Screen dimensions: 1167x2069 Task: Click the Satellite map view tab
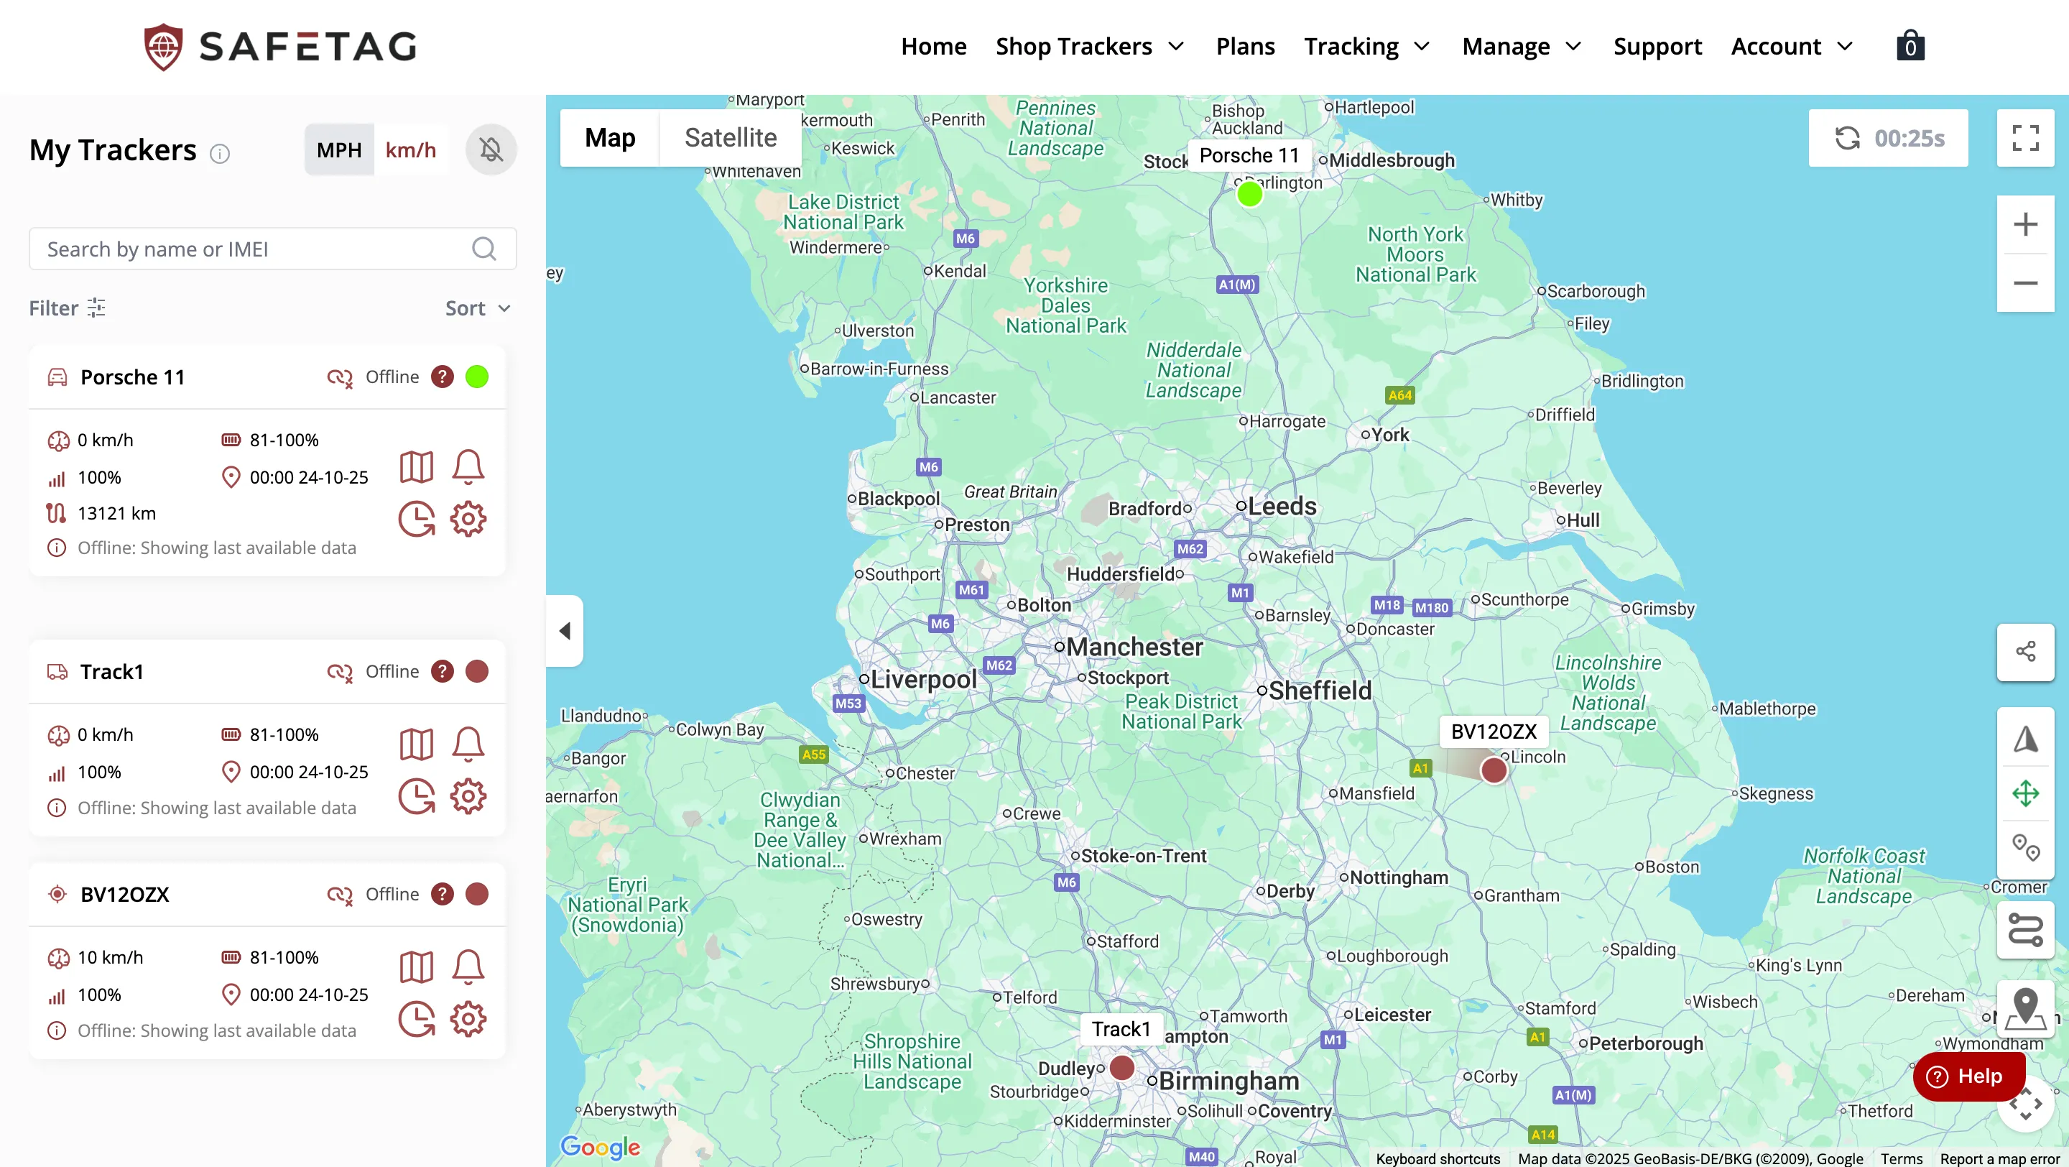730,137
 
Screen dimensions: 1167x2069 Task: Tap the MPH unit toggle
339,150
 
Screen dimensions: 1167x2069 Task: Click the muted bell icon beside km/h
491,149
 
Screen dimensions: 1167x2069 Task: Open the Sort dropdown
478,308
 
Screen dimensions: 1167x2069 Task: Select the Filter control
67,308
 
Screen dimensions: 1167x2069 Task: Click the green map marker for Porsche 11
1249,193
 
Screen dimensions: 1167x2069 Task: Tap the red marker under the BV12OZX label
1493,770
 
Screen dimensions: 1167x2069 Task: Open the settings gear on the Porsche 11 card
468,519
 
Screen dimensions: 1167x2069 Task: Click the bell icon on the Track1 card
468,744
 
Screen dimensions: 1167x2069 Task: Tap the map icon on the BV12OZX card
416,967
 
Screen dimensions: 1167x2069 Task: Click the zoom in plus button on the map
2025,224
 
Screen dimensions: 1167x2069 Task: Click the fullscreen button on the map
2025,137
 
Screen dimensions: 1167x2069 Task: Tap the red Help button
1968,1076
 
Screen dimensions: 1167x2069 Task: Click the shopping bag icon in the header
1910,46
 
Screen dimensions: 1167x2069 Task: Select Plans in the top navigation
1245,46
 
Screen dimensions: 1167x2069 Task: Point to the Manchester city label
1134,647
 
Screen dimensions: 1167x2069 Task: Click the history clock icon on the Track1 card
416,797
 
